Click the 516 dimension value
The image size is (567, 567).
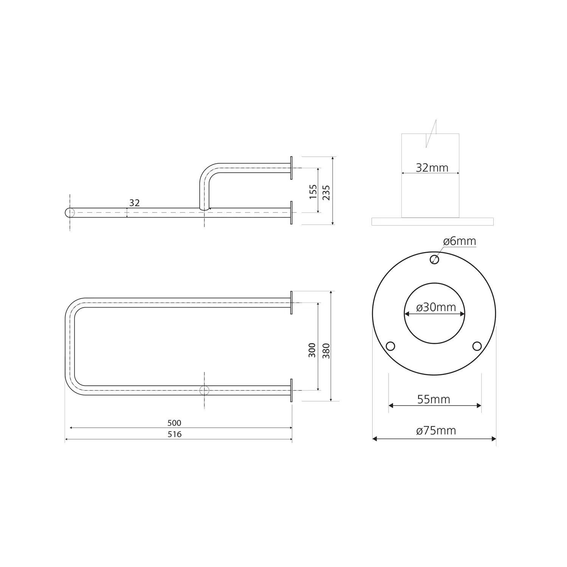click(x=175, y=434)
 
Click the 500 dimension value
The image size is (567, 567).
click(x=175, y=423)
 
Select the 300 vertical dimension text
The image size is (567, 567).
click(x=312, y=350)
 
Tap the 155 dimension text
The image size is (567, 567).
click(x=313, y=192)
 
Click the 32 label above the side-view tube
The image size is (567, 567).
click(x=134, y=203)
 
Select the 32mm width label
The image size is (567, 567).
click(x=432, y=167)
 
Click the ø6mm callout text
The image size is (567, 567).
click(x=459, y=241)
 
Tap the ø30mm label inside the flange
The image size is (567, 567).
click(x=436, y=307)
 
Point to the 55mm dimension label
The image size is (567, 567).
click(x=434, y=399)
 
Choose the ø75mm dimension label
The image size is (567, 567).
click(x=436, y=431)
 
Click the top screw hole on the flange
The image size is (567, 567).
click(x=435, y=260)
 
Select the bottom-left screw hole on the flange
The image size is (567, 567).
click(x=390, y=346)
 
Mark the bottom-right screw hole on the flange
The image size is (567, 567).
click(x=477, y=346)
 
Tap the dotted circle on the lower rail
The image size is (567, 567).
click(x=204, y=390)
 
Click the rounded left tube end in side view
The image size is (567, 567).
click(x=70, y=212)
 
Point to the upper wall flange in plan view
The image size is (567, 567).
click(x=291, y=302)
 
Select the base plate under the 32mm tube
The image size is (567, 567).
click(x=432, y=222)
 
